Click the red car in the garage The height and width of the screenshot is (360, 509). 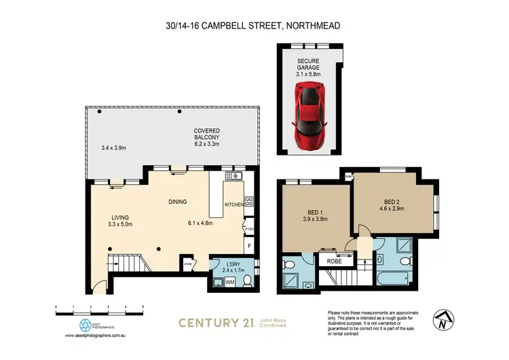click(x=308, y=115)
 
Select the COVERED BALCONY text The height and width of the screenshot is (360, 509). click(x=206, y=134)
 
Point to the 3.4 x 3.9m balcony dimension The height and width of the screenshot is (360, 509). click(x=115, y=147)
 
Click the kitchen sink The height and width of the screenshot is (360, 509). click(x=233, y=178)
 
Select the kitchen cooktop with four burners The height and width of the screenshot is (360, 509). click(x=249, y=202)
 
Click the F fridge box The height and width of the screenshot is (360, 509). click(x=249, y=245)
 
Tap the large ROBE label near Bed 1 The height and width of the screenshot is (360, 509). click(x=333, y=260)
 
